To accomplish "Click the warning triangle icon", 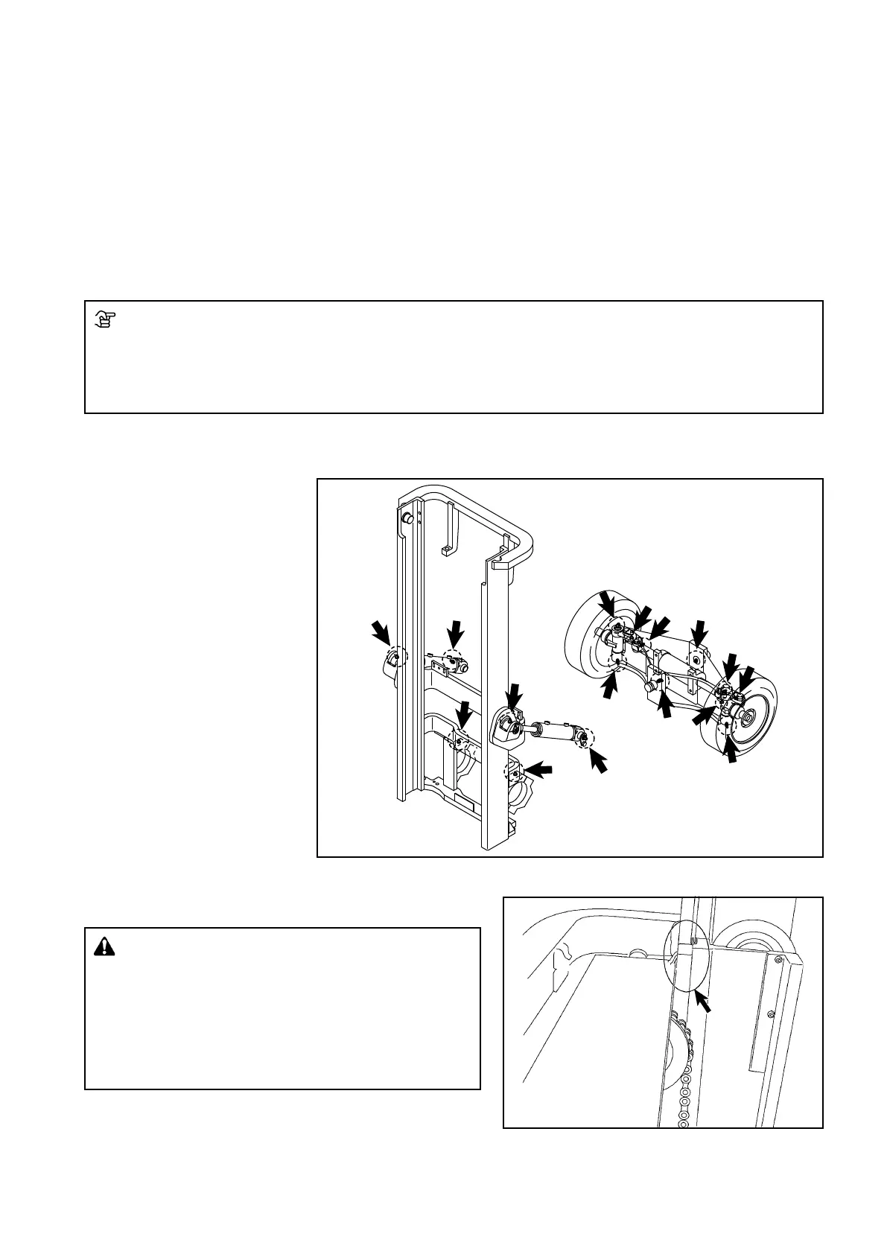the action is [105, 947].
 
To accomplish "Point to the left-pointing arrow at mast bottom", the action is [539, 768].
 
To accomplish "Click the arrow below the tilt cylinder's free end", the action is [598, 760].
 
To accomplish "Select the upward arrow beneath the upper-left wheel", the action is [609, 687].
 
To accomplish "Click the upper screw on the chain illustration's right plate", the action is [779, 961].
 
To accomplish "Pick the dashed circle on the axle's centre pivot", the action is [696, 658].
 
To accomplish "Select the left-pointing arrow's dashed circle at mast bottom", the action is [514, 772].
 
